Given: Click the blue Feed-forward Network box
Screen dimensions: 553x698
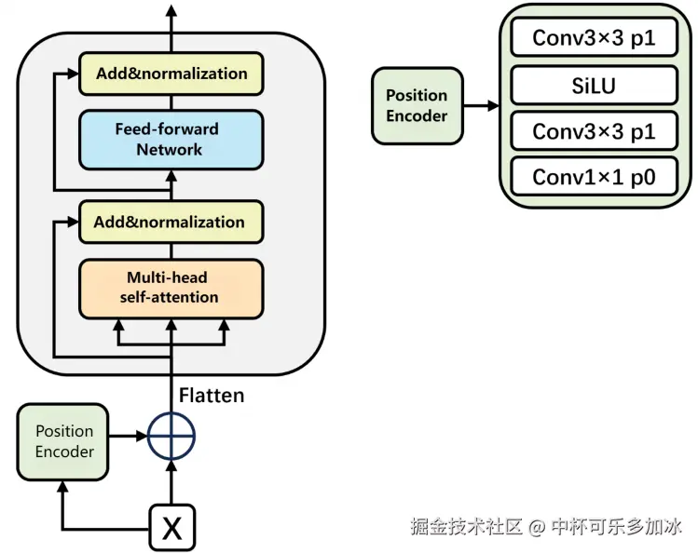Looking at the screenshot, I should point(171,138).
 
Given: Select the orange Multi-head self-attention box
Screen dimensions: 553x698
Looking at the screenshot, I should point(171,288).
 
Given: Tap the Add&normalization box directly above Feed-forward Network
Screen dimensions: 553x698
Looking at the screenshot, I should point(171,74).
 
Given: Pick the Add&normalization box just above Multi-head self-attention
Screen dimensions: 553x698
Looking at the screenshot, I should point(171,223).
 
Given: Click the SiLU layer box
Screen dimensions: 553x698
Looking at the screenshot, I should point(594,87).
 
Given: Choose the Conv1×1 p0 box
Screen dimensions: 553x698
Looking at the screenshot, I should point(594,176).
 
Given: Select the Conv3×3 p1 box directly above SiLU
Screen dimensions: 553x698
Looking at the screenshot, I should point(594,38).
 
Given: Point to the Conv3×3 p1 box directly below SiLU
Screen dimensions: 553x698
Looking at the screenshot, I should point(594,131).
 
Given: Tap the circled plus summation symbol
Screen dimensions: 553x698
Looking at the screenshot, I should point(171,435).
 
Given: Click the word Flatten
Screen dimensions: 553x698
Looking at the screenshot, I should point(212,396).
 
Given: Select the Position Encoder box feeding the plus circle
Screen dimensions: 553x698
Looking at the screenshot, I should point(64,441).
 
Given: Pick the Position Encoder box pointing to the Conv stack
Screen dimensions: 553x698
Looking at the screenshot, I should point(417,105).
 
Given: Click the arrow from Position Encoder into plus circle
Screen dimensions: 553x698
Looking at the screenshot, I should point(129,435).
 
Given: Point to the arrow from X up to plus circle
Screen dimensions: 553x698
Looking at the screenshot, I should point(171,482).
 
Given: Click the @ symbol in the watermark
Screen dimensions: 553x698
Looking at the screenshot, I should point(536,527).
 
